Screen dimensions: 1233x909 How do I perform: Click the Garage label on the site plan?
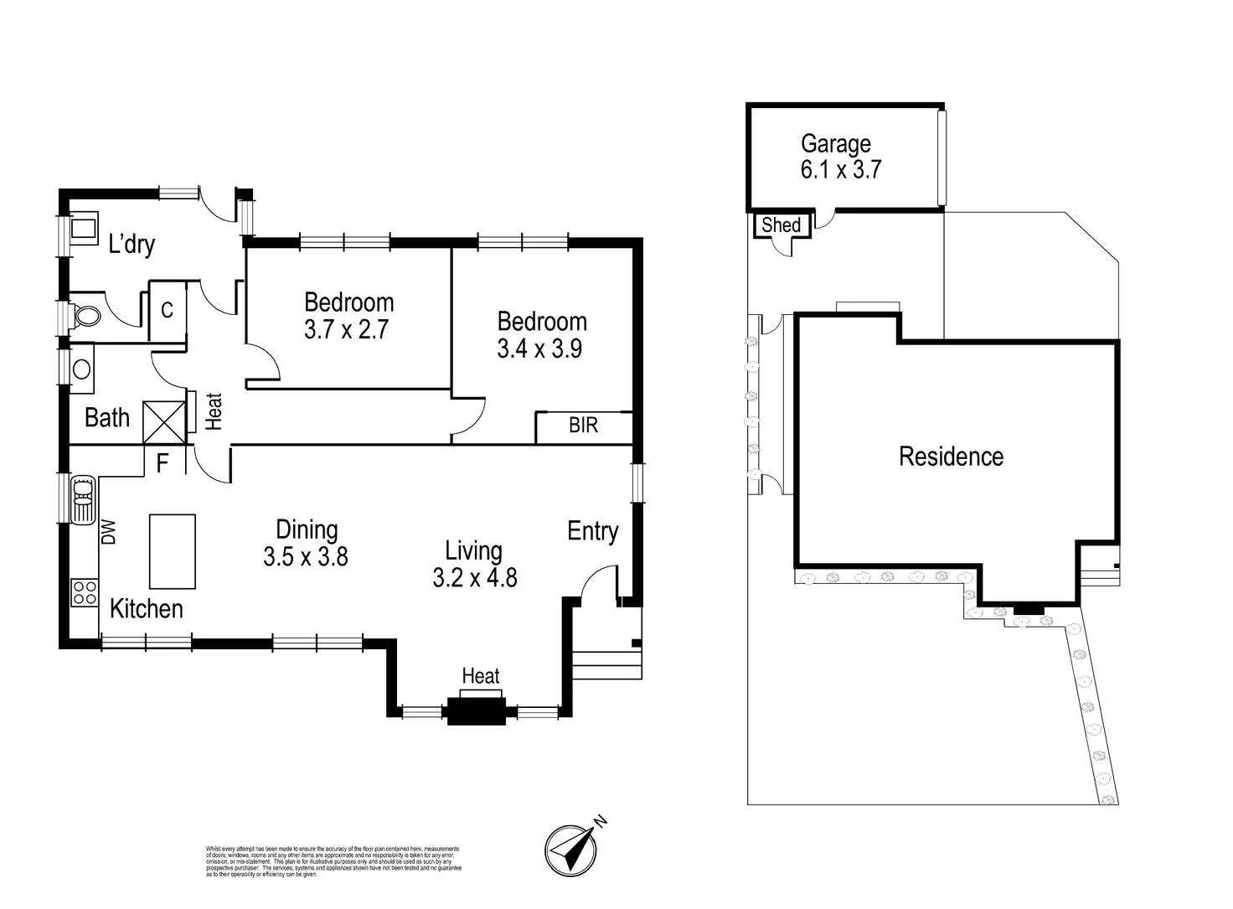coord(835,144)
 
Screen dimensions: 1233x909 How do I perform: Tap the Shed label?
coord(781,225)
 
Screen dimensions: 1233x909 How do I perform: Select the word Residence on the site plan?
coord(951,457)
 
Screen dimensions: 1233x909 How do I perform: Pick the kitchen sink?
coord(84,499)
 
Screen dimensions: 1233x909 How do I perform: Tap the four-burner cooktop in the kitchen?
coord(84,592)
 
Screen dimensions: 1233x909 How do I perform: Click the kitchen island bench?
coord(173,551)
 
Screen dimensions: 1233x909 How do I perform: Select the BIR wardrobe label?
coord(583,426)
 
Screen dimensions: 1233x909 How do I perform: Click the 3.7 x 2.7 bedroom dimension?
coord(346,329)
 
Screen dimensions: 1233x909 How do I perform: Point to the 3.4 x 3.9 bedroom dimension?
coord(539,349)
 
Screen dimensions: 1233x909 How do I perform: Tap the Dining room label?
coord(307,529)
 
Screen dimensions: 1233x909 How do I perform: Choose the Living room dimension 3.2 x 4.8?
coord(474,577)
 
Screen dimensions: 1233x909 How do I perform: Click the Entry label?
coord(592,531)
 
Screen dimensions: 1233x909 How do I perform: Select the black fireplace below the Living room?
coord(476,710)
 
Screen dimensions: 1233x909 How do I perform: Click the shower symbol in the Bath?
coord(163,422)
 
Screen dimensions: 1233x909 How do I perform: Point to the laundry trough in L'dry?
coord(82,228)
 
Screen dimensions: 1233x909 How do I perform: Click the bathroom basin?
coord(82,369)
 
